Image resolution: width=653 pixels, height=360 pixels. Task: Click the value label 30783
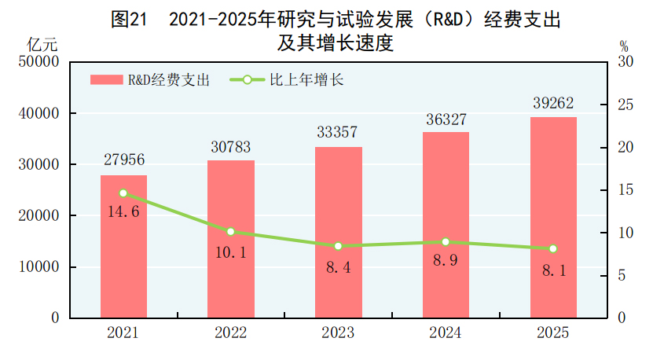point(231,147)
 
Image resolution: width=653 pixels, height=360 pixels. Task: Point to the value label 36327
point(446,119)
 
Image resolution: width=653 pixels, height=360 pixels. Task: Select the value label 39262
point(553,104)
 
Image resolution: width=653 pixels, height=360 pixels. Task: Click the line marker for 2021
point(123,193)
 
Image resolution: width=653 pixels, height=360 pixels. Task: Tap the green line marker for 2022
point(231,232)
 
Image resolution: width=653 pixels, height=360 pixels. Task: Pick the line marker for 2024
point(446,242)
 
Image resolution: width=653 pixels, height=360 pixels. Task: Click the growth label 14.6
point(123,211)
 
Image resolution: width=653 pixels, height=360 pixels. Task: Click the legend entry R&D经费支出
point(149,79)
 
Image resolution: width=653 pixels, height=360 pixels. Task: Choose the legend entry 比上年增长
point(287,79)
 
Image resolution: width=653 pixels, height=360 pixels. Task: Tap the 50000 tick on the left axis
point(40,62)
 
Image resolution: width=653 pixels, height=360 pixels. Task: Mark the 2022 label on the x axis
point(231,333)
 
